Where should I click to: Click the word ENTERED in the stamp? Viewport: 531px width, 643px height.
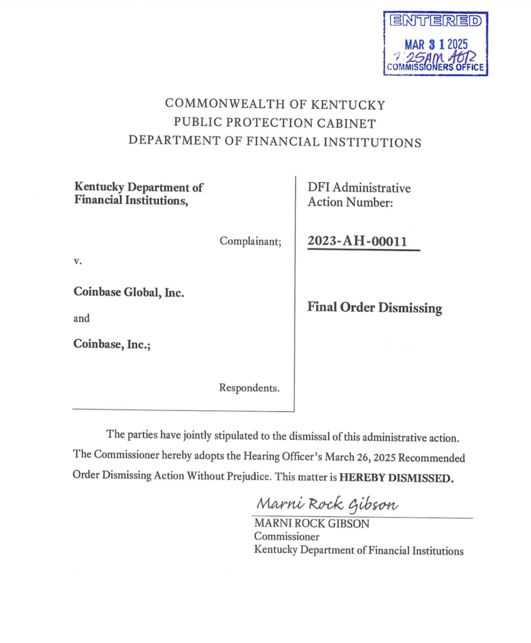[436, 21]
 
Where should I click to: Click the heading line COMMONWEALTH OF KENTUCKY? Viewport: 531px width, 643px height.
[275, 104]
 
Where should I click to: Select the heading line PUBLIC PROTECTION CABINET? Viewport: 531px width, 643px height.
[275, 123]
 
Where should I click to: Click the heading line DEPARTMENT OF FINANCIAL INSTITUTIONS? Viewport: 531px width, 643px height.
[275, 141]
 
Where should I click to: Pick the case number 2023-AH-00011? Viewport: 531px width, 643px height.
[357, 241]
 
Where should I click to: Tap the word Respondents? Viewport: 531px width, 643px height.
[249, 388]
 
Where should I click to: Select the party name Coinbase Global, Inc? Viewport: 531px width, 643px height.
[129, 292]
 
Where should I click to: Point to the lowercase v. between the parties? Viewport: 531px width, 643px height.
[78, 259]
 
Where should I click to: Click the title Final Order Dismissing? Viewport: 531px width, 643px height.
[375, 308]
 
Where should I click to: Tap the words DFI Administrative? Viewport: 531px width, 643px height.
[359, 187]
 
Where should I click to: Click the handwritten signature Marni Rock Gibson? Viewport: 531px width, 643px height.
[327, 504]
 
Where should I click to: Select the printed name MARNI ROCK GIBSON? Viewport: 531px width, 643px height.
[310, 524]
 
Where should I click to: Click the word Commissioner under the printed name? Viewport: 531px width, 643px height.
[287, 537]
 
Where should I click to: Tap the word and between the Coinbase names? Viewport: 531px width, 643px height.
[82, 318]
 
